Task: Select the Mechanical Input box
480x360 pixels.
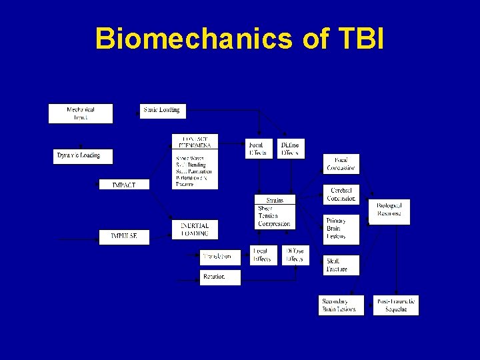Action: tap(81, 113)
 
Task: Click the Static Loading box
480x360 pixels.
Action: tap(161, 110)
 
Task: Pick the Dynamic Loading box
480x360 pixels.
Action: tap(83, 156)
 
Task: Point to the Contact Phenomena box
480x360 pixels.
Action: tap(195, 162)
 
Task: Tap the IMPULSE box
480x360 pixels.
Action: tap(124, 236)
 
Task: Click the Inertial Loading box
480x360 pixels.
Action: tap(195, 229)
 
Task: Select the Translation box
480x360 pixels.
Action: tap(220, 257)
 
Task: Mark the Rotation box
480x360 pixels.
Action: tap(220, 277)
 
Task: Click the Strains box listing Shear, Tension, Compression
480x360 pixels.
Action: tap(275, 213)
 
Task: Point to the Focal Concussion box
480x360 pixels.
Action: tap(341, 164)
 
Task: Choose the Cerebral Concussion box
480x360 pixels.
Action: tap(341, 195)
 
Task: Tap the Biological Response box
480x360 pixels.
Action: tap(389, 211)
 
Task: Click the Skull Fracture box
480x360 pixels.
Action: tap(341, 265)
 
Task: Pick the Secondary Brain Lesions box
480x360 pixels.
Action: tap(341, 305)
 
